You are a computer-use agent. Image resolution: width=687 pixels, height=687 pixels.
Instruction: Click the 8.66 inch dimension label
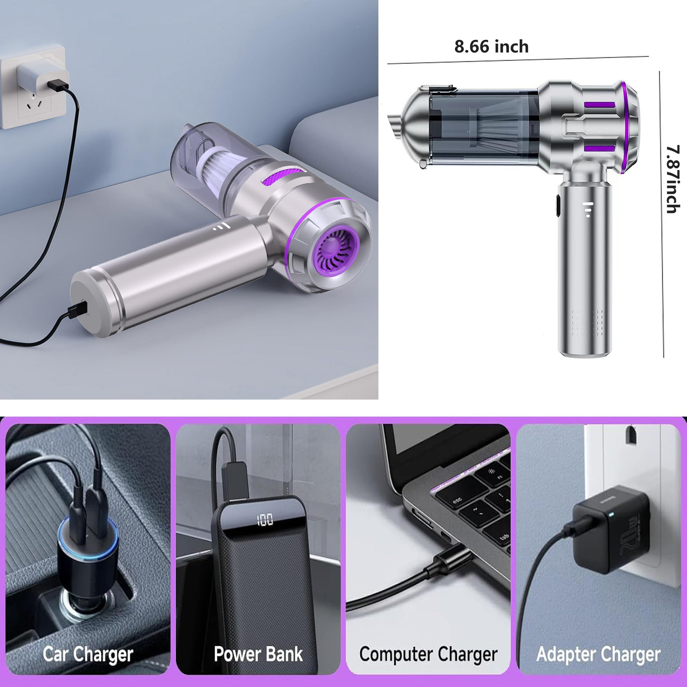point(491,47)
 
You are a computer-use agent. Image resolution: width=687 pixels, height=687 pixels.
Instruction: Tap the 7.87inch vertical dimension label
point(672,179)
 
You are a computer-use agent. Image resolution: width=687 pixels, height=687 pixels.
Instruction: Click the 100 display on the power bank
point(264,520)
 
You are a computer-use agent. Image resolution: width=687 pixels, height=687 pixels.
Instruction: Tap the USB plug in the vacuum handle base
point(79,310)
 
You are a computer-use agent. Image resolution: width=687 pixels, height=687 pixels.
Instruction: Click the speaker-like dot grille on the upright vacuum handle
point(587,323)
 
